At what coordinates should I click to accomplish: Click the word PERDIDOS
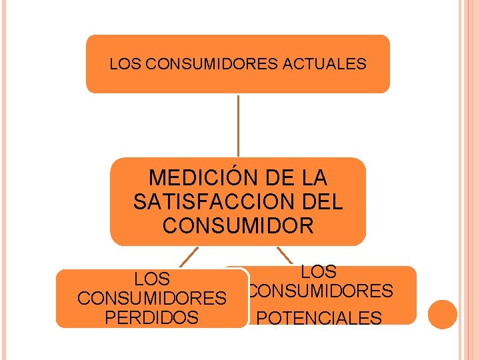point(152,317)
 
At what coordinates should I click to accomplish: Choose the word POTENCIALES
point(319,318)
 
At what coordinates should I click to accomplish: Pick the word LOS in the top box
point(125,64)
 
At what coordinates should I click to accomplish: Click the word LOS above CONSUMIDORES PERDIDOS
point(152,279)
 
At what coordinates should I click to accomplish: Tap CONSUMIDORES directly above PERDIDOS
point(152,298)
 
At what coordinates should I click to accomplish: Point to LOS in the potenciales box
point(319,272)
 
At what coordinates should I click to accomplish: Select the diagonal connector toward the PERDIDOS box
point(189,257)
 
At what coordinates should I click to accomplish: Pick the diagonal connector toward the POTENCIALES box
point(285,255)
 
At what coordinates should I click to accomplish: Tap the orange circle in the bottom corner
point(442,314)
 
